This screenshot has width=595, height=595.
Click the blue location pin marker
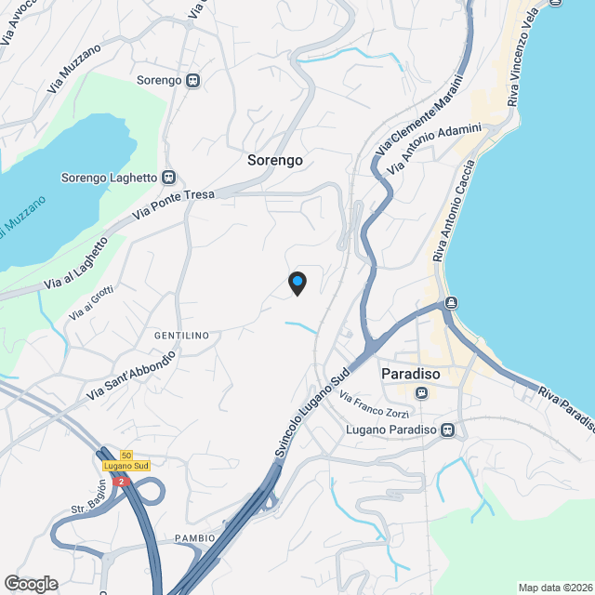[297, 281]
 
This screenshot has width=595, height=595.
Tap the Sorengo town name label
[275, 160]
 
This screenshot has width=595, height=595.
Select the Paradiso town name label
[410, 374]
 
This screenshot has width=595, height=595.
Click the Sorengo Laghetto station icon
[169, 177]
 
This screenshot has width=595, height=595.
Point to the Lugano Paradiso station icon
[448, 430]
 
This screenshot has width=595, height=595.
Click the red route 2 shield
[119, 482]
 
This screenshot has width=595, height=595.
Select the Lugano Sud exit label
[126, 465]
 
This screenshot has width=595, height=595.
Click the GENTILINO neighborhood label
[181, 335]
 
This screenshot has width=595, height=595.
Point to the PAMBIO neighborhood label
[195, 538]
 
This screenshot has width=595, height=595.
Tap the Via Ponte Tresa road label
[174, 205]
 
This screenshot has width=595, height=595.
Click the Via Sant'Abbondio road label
[131, 377]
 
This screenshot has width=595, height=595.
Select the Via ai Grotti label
[90, 304]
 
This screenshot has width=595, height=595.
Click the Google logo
[30, 583]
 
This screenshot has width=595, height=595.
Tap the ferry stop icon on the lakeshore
[451, 302]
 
